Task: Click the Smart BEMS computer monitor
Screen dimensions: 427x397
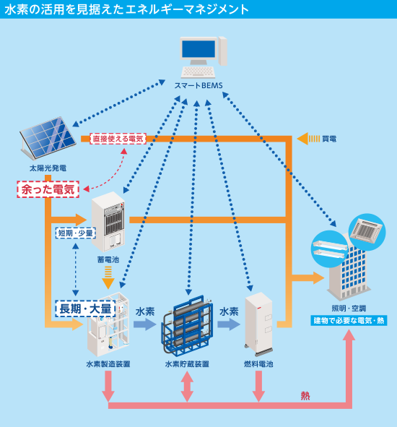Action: [199, 53]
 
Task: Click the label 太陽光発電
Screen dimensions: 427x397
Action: [48, 168]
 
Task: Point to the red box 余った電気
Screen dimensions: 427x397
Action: [48, 189]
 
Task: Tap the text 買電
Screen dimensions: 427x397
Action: [329, 138]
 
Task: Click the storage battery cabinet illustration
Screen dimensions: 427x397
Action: [108, 220]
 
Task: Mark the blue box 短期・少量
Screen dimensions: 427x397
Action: [76, 233]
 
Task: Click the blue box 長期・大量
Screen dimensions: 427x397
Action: [85, 309]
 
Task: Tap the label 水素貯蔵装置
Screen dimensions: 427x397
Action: [187, 364]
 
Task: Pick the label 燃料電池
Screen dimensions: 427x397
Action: [259, 364]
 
